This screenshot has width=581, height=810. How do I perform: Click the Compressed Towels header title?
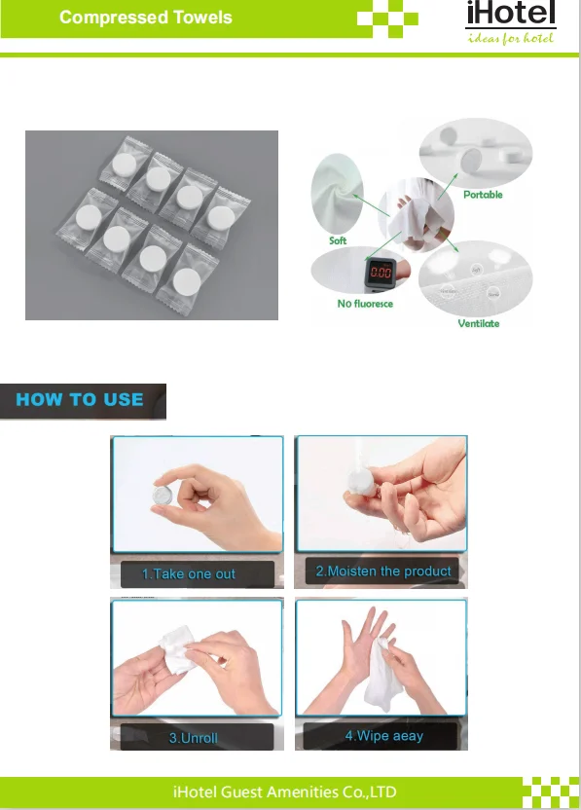click(146, 18)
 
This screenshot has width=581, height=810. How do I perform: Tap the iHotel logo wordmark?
click(511, 13)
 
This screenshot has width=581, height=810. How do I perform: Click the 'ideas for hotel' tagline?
click(510, 38)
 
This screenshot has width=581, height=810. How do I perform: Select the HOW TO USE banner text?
click(80, 399)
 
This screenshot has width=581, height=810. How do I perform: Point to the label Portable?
click(483, 195)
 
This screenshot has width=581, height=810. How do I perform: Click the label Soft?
click(338, 240)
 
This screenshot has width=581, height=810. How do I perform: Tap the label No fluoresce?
click(365, 304)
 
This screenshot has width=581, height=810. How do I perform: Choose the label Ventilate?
click(479, 323)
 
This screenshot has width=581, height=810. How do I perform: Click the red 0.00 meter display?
click(381, 273)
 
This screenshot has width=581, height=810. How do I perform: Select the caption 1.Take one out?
click(189, 574)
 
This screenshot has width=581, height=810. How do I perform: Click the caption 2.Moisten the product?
click(383, 571)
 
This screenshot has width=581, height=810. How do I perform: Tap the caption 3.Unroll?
click(193, 738)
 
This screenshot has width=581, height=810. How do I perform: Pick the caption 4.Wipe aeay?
click(384, 736)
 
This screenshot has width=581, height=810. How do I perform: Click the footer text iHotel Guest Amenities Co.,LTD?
click(285, 792)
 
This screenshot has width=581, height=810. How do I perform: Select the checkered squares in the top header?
click(387, 18)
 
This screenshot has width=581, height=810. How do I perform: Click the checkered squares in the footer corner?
click(550, 792)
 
